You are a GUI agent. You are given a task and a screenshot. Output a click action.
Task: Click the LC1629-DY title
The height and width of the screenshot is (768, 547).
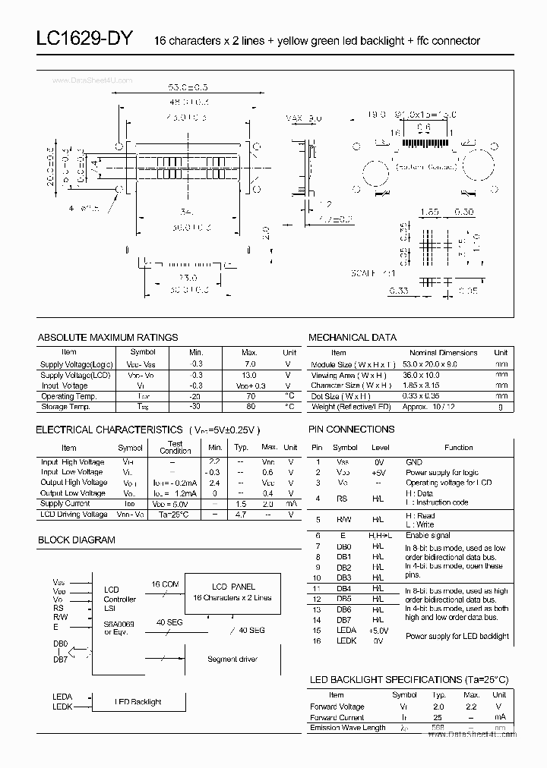(84, 39)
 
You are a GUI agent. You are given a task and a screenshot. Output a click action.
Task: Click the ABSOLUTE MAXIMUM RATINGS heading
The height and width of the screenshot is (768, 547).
(108, 337)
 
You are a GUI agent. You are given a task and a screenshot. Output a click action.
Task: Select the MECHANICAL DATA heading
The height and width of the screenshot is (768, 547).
(353, 337)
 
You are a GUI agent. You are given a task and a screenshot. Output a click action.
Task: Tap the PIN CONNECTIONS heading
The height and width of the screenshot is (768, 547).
(352, 429)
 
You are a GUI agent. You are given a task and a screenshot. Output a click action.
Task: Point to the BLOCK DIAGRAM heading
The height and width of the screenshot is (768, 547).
(77, 540)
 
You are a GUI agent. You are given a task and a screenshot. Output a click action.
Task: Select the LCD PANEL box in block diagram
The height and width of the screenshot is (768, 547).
(233, 592)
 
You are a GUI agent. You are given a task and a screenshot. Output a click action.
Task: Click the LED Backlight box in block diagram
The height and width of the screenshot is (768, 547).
(138, 702)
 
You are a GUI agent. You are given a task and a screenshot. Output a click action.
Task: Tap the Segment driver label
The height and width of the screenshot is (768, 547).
(232, 659)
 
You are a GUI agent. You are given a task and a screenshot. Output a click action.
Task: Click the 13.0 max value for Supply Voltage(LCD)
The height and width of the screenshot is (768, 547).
(249, 375)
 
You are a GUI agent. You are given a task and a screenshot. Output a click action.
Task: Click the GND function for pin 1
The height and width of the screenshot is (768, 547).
(414, 461)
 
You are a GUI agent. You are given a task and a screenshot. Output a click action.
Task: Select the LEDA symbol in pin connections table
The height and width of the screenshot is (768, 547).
(345, 630)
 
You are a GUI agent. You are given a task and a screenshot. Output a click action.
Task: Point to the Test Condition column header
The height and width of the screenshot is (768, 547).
(175, 447)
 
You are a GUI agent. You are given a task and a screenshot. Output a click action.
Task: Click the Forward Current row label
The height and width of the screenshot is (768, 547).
(337, 717)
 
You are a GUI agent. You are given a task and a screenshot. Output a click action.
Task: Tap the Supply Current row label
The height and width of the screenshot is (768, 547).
(65, 503)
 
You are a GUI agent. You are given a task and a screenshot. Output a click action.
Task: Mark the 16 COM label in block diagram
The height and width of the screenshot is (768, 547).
(165, 584)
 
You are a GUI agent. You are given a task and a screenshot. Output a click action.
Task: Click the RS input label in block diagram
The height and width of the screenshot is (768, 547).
(58, 608)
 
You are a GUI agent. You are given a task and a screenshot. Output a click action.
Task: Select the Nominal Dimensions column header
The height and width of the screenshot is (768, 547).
(444, 352)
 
